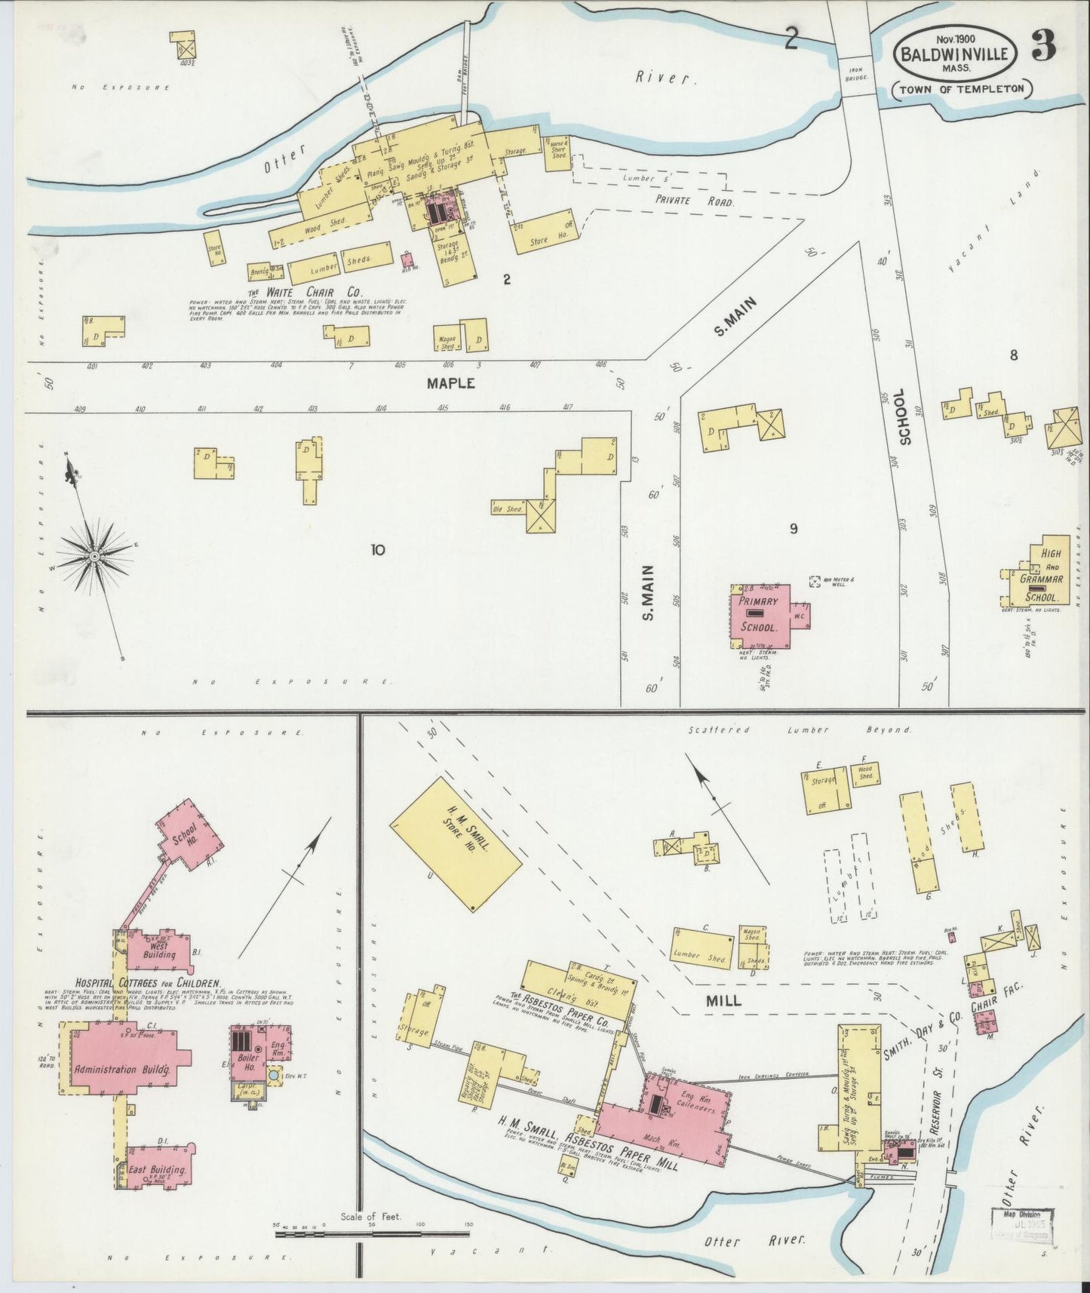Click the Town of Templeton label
961,88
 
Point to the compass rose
95,557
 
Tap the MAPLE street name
451,383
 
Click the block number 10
377,550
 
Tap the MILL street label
723,1001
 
